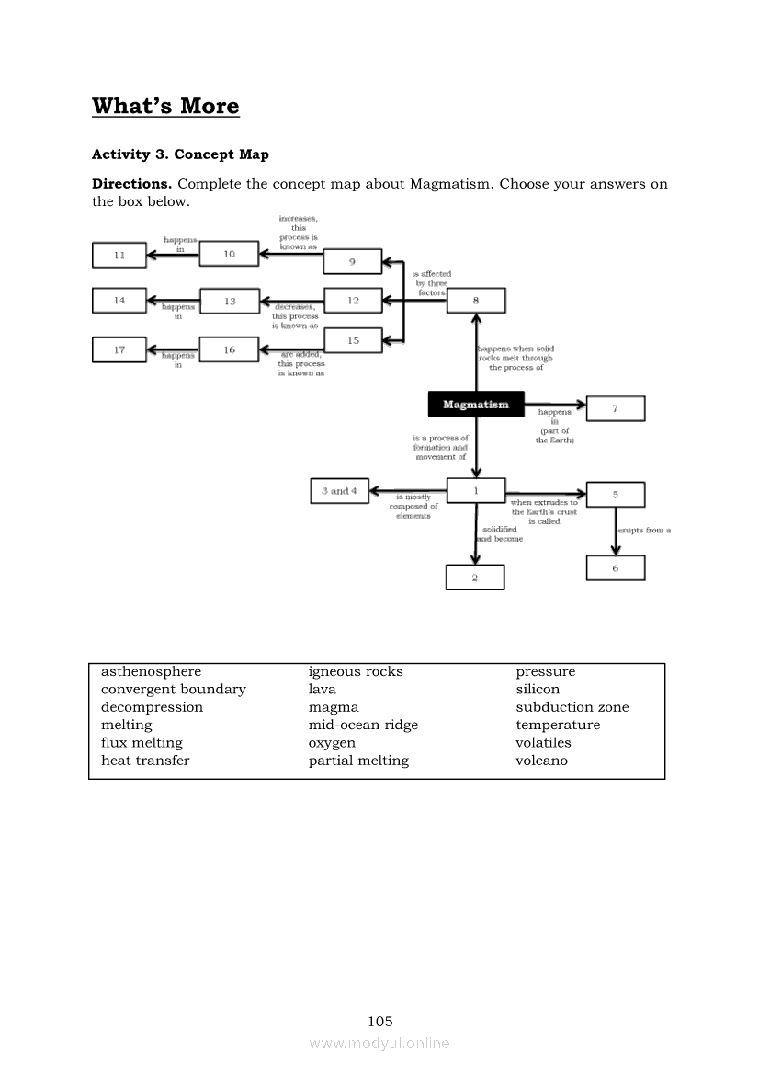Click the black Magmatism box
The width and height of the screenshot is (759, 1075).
click(x=476, y=405)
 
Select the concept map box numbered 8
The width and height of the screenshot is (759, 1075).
click(x=476, y=301)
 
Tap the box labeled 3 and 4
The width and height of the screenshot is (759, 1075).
click(x=339, y=491)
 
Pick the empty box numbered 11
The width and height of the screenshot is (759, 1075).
click(x=119, y=255)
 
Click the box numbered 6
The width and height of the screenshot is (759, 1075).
click(x=616, y=568)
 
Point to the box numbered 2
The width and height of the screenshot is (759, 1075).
click(x=475, y=578)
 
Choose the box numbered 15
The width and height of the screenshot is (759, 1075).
click(x=353, y=341)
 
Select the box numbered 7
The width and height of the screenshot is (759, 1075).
click(x=616, y=408)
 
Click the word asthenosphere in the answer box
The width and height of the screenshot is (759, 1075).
click(x=151, y=672)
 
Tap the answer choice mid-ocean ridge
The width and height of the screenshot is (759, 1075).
click(x=363, y=726)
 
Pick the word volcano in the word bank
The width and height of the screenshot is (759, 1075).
click(x=541, y=761)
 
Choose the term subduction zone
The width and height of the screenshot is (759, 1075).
click(x=572, y=707)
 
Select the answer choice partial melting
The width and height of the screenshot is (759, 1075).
click(x=358, y=761)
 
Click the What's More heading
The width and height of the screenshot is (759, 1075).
click(x=165, y=106)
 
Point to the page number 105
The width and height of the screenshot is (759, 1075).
click(x=380, y=1022)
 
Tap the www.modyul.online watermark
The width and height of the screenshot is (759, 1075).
click(x=379, y=1043)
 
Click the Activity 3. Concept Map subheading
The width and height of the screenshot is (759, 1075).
click(x=180, y=154)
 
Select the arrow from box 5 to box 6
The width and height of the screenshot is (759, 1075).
click(x=616, y=532)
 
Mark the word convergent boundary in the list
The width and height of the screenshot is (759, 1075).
click(x=173, y=690)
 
